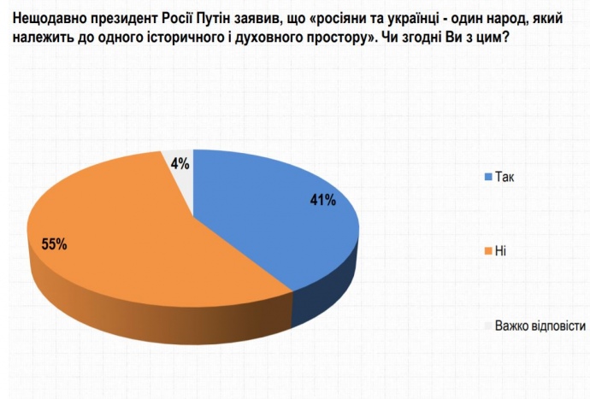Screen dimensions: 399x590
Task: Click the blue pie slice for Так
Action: click(x=282, y=231)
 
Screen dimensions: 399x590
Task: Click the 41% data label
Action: click(x=322, y=201)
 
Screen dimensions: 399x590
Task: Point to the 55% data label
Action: click(x=54, y=244)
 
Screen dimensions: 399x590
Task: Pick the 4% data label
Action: click(x=180, y=161)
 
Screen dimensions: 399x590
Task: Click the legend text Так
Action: click(x=505, y=177)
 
